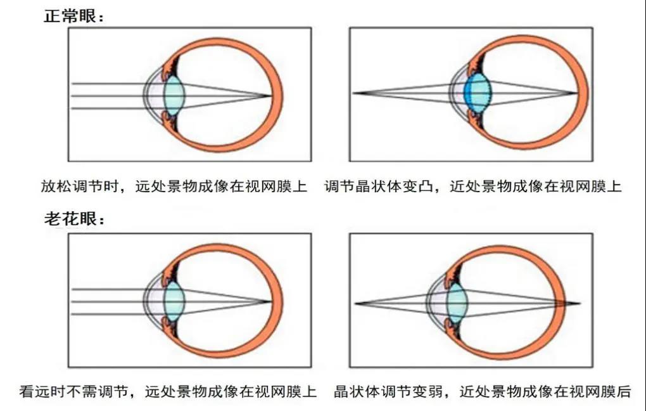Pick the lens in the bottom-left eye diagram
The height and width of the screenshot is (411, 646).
(x=174, y=301)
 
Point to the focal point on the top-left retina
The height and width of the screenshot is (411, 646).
(x=271, y=96)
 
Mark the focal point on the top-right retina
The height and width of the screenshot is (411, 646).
(x=578, y=93)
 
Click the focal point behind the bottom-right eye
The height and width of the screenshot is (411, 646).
(x=579, y=303)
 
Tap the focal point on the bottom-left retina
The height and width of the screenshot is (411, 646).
(x=271, y=301)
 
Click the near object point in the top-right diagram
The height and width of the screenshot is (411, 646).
(x=353, y=93)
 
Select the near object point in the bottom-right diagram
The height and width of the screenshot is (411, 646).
(x=356, y=304)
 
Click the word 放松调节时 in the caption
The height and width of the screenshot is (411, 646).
(x=80, y=187)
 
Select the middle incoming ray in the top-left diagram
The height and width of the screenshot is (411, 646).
(x=108, y=96)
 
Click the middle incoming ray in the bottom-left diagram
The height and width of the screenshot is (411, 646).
(x=108, y=301)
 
